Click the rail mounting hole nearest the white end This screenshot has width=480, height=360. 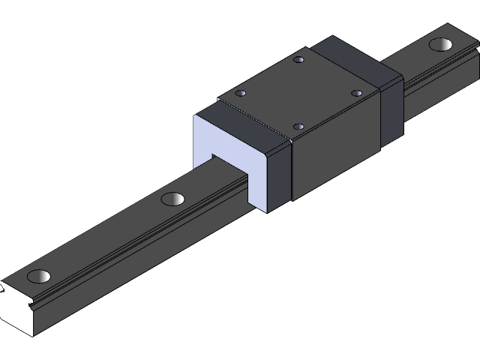[x=40, y=275]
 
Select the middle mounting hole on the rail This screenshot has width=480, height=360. [x=172, y=199]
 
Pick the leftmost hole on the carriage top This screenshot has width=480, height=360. [x=241, y=94]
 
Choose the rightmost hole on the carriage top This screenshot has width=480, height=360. [x=356, y=93]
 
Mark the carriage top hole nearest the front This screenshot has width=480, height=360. [x=298, y=127]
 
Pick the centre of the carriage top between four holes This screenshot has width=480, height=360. [x=298, y=94]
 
